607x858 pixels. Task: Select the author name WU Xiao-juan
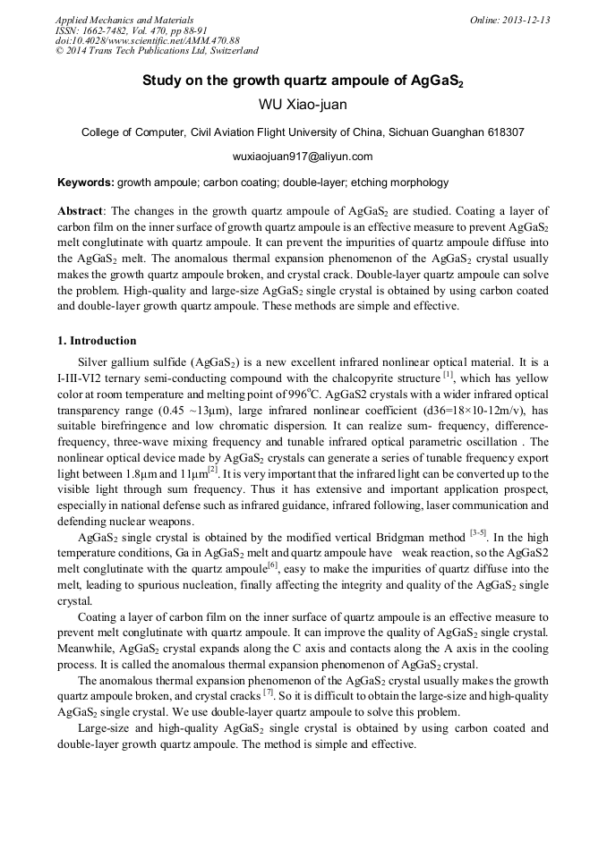(x=303, y=105)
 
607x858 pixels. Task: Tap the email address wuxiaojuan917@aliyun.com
(x=303, y=157)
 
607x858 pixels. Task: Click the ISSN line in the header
(x=139, y=30)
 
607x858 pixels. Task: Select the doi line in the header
(x=148, y=40)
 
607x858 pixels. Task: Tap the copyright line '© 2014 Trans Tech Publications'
(x=157, y=51)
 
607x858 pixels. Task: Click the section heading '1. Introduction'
(x=97, y=341)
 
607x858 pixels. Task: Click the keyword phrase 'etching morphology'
(x=402, y=183)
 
